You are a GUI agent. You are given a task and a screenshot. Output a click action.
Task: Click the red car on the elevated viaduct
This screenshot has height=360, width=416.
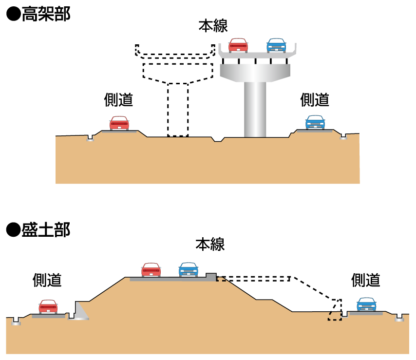[x=238, y=45]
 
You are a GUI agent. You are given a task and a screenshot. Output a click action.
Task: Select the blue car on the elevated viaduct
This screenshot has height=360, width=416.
[x=276, y=45]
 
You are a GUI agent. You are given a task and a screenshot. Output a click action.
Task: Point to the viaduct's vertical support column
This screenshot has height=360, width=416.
[x=255, y=109]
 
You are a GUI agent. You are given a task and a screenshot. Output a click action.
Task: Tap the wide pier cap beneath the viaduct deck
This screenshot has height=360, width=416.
[x=255, y=72]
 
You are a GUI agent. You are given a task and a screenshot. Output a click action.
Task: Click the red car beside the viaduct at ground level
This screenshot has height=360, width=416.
[x=119, y=123]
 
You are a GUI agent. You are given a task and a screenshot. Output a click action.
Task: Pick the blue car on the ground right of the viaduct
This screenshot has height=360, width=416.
[x=315, y=122]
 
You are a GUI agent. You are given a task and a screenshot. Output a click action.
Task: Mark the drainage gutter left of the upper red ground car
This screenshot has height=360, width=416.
[x=90, y=139]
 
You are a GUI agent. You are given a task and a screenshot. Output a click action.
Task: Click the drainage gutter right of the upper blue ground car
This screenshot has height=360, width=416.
[x=343, y=137]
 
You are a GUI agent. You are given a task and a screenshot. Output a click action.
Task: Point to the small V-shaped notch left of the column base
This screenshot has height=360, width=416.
[x=218, y=140]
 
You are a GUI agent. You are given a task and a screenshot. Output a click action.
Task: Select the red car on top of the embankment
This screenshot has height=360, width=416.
[x=151, y=270]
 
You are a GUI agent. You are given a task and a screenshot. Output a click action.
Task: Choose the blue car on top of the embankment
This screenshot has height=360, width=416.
[x=189, y=269]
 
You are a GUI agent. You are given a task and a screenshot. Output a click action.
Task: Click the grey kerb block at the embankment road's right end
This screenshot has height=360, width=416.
[x=211, y=277]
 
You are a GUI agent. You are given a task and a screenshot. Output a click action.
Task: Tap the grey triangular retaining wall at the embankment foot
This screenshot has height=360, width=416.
[x=80, y=311]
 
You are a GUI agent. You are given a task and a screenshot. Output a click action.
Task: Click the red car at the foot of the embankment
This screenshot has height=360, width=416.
[x=48, y=307]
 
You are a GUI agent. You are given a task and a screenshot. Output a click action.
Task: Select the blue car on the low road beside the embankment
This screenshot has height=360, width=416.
[x=366, y=304]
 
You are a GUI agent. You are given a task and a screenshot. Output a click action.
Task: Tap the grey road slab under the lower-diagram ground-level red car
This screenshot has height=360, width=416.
[x=48, y=316]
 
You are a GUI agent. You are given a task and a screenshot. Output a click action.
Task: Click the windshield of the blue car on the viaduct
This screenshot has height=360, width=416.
[x=276, y=42]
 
